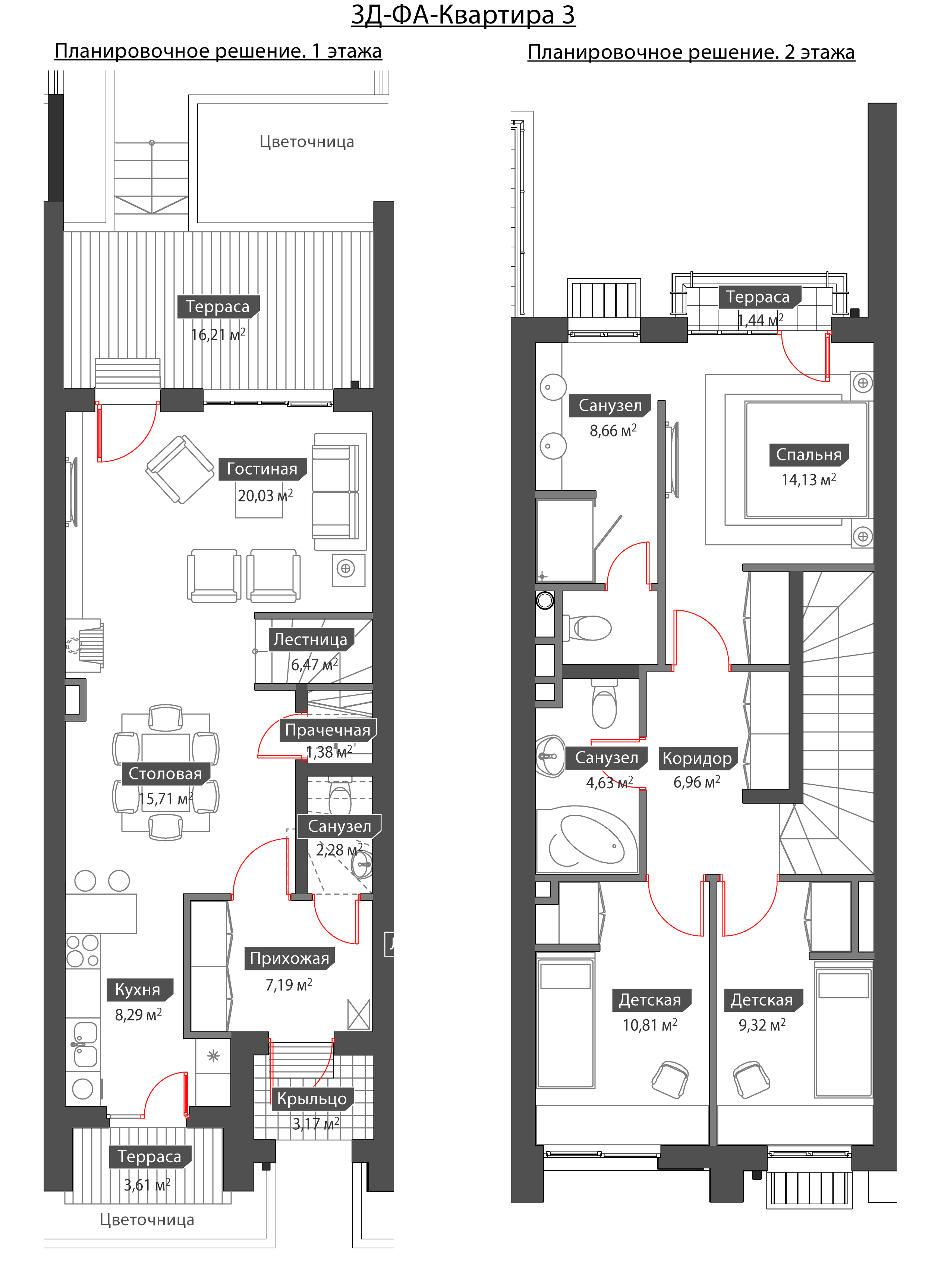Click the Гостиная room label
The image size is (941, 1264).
pyautogui.click(x=262, y=469)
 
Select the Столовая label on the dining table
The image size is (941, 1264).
pyautogui.click(x=165, y=773)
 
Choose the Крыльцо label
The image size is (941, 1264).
pyautogui.click(x=312, y=1099)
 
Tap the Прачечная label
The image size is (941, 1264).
pyautogui.click(x=328, y=730)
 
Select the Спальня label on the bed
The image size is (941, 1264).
pyautogui.click(x=809, y=455)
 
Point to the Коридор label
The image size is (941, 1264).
pyautogui.click(x=697, y=758)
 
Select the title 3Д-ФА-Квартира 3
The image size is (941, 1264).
pyautogui.click(x=463, y=15)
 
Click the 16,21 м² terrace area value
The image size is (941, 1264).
pyautogui.click(x=218, y=335)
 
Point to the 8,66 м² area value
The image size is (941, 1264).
pyautogui.click(x=613, y=431)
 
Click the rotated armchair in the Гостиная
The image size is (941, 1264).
pyautogui.click(x=180, y=469)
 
